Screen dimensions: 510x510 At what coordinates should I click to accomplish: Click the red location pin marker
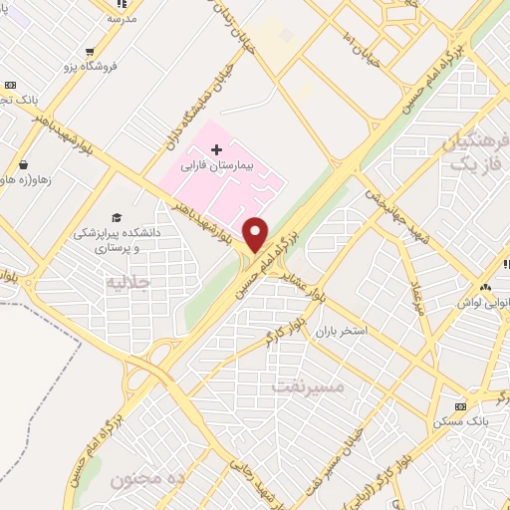[x=256, y=233]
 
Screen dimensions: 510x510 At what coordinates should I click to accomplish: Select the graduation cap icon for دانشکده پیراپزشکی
[x=117, y=217]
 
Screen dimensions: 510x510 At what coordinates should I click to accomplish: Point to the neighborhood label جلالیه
[x=127, y=283]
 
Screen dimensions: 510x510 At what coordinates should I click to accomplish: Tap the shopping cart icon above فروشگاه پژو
[x=91, y=52]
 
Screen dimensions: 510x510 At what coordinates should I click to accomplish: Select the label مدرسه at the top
[x=122, y=19]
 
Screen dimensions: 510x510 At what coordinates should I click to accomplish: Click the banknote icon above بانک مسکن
[x=460, y=406]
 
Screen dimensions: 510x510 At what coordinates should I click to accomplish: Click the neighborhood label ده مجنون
[x=149, y=479]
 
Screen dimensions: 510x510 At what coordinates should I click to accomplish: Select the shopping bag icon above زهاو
[x=23, y=165]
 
